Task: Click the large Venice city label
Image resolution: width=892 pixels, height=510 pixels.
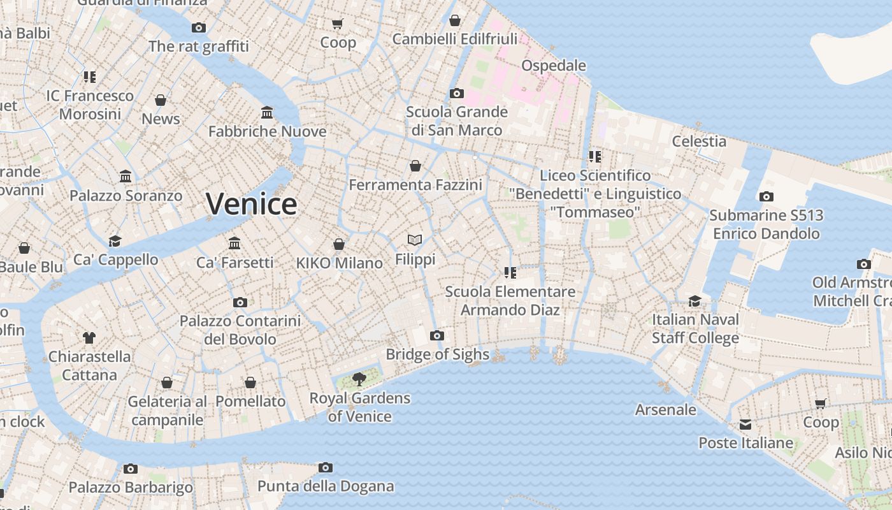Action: coord(251,204)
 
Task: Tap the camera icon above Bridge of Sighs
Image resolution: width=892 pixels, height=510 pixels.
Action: coord(436,335)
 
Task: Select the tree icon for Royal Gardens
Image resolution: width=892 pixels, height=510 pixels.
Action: coord(359,379)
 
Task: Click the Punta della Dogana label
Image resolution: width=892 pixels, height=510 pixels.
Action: coord(326,486)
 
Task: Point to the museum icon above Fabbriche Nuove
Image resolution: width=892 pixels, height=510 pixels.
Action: coord(267,113)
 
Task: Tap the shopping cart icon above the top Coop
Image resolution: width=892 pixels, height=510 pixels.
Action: coord(338,24)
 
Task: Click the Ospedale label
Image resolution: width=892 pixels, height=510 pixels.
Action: coord(553,66)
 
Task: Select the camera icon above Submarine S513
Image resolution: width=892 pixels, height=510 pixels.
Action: coord(766,196)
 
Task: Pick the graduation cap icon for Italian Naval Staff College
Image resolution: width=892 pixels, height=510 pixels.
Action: coord(694,300)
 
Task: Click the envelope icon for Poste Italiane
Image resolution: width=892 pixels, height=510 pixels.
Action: coord(745,425)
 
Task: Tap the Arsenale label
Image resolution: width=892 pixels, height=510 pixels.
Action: coord(665,409)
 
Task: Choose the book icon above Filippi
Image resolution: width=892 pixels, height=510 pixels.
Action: coord(415,240)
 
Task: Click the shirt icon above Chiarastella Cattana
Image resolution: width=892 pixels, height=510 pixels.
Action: coord(89,337)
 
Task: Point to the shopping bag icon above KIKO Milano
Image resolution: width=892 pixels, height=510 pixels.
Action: coord(339,244)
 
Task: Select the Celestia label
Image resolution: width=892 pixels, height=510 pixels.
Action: coord(699,141)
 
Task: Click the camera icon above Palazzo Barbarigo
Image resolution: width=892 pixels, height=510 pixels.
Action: coord(131,469)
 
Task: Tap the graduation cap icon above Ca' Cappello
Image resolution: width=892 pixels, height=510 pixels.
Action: coord(115,240)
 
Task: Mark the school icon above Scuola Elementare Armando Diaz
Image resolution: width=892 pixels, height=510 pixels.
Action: coord(510,273)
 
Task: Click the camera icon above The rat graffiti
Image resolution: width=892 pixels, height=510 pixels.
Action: coord(199,27)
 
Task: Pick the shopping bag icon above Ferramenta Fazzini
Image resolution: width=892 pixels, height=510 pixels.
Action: coord(415,166)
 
